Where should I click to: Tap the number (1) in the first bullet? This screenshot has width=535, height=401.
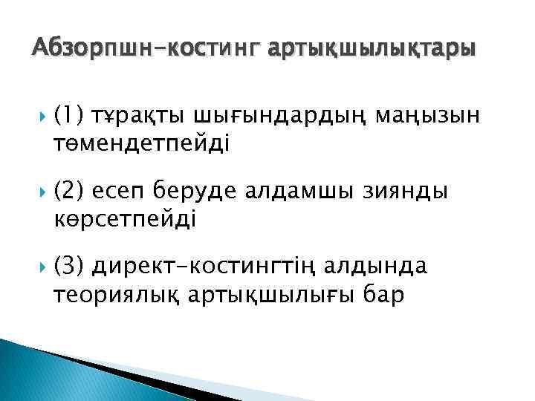(70, 117)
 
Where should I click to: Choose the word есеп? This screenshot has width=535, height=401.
(120, 192)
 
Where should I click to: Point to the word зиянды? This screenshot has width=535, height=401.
(407, 192)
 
